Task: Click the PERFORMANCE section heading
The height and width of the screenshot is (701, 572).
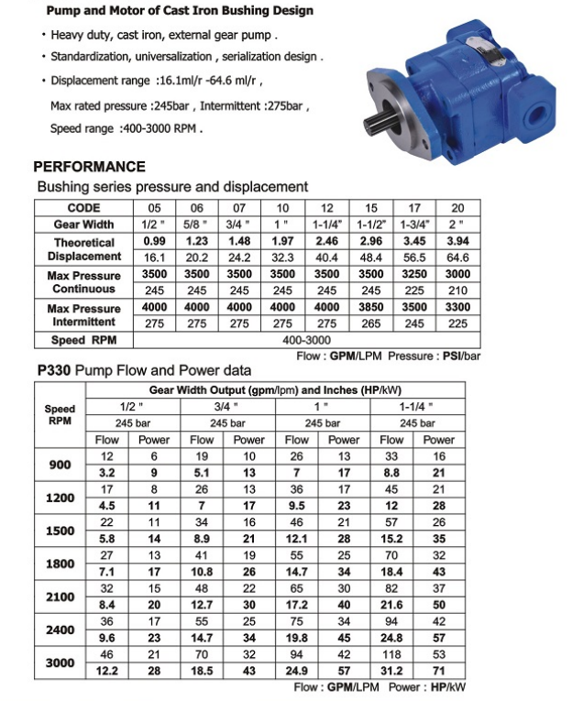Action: (x=89, y=167)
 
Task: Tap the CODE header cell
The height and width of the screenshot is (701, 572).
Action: (x=83, y=207)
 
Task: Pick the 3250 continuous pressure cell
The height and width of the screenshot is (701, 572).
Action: (x=414, y=274)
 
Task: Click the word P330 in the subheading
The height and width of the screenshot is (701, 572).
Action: (x=53, y=371)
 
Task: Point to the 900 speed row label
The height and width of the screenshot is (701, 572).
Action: (x=60, y=465)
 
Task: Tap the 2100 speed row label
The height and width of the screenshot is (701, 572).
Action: (x=60, y=597)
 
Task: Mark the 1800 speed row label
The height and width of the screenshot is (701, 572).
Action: (x=60, y=564)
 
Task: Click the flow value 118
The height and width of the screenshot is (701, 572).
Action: (x=392, y=655)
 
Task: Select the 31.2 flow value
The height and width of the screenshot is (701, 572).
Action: (x=392, y=672)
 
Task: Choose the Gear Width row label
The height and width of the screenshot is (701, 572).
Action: (x=83, y=224)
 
